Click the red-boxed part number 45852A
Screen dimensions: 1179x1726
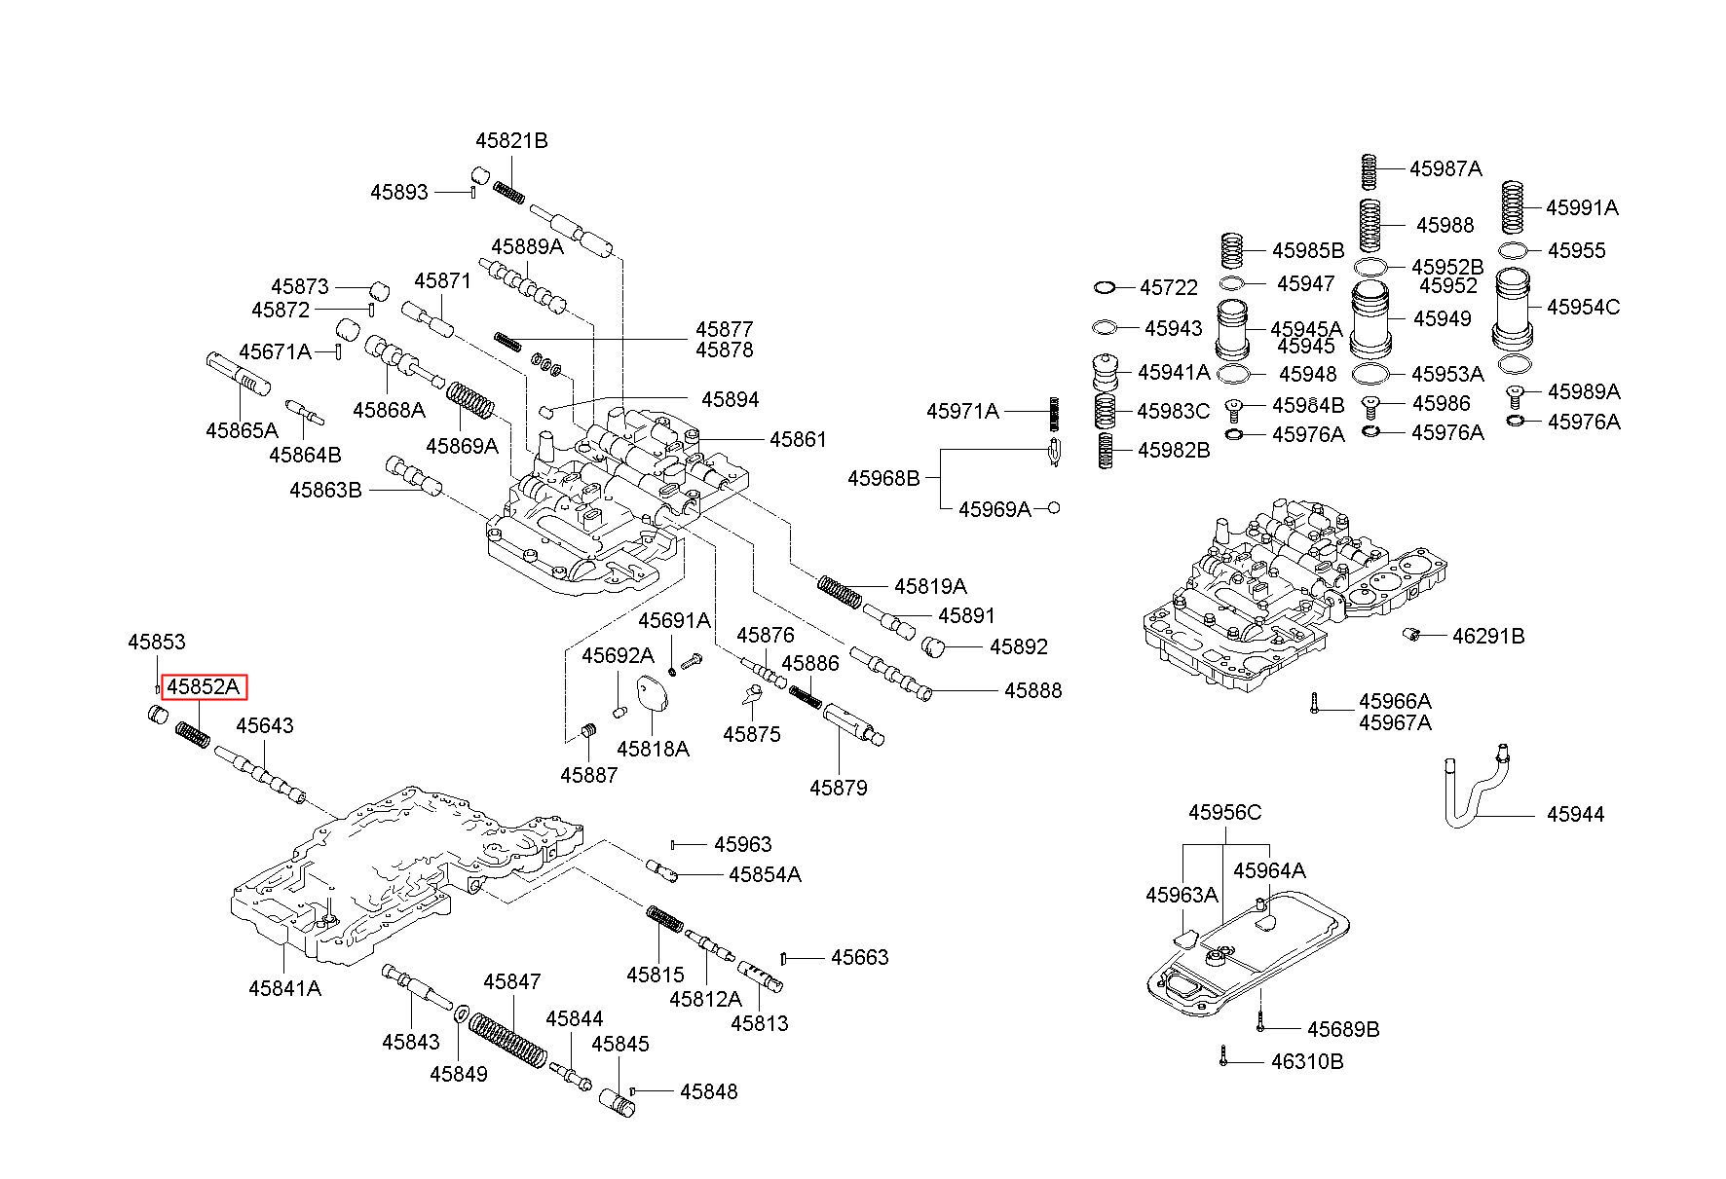click(204, 687)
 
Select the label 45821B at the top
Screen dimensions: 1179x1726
click(511, 140)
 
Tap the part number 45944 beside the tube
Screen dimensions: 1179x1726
click(1575, 814)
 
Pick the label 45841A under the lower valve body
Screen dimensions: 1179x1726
click(284, 988)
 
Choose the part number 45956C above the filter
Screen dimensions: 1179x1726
click(1224, 812)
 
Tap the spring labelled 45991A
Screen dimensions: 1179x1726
click(1513, 207)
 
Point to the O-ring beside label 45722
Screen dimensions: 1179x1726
click(1104, 287)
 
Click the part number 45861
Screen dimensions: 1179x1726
click(797, 439)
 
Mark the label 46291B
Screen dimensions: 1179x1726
click(1487, 637)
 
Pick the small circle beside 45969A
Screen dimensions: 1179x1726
click(1053, 508)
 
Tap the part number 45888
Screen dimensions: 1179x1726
click(1032, 690)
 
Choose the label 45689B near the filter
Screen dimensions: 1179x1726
click(1342, 1029)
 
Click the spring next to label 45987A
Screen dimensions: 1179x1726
click(1370, 169)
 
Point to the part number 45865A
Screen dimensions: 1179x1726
click(242, 429)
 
